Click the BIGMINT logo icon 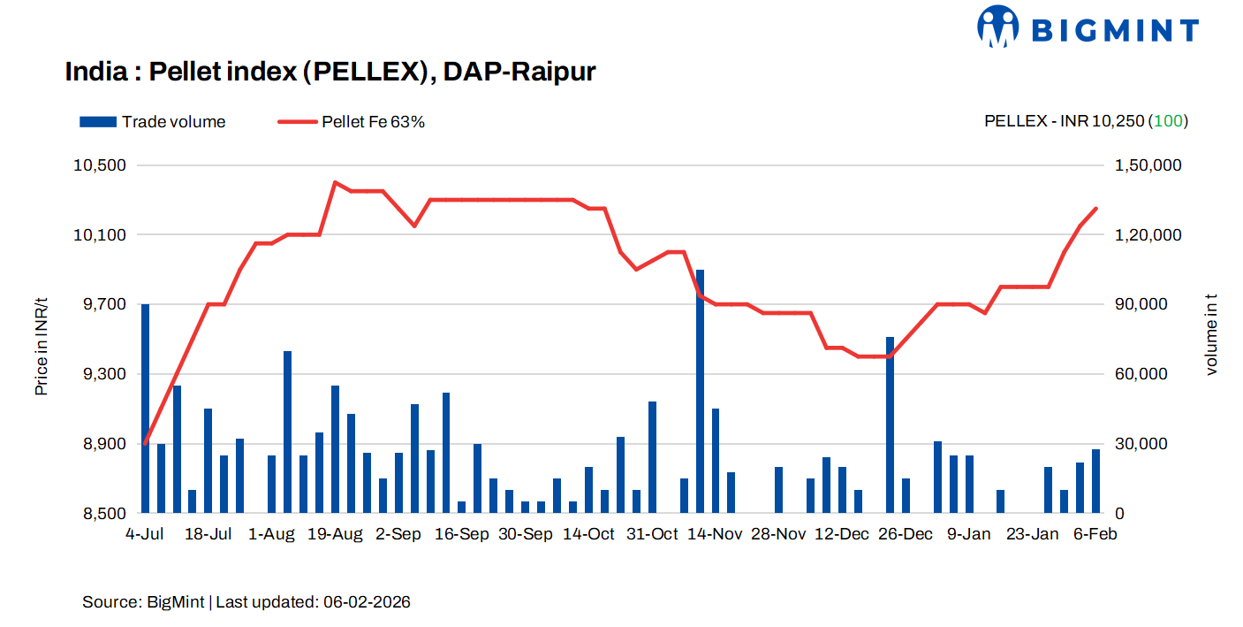(x=998, y=27)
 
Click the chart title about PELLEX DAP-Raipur (x=330, y=73)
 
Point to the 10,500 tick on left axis (x=104, y=165)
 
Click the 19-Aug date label (x=336, y=534)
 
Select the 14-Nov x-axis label (x=715, y=534)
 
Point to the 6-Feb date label (x=1095, y=534)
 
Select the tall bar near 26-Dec (x=891, y=424)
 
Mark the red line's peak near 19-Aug (x=335, y=182)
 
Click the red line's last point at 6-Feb (x=1095, y=209)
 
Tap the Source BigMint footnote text (x=246, y=602)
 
